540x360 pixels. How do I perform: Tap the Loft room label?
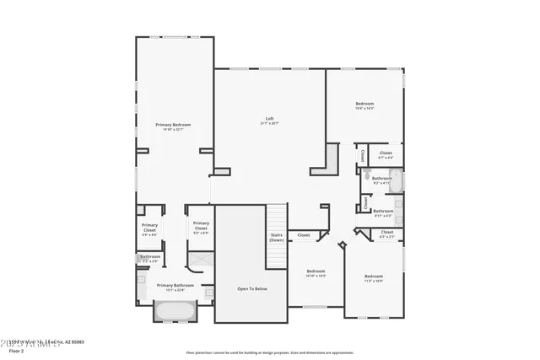click(270, 118)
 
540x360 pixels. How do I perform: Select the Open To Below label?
click(252, 289)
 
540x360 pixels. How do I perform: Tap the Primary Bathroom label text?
click(175, 285)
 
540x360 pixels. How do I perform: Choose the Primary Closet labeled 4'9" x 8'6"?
click(149, 225)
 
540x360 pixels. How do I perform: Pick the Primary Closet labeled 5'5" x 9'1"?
click(201, 223)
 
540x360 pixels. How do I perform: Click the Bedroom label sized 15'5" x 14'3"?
click(364, 104)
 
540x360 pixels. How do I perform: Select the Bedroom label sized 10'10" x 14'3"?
click(316, 271)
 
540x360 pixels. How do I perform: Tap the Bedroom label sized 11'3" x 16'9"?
click(374, 277)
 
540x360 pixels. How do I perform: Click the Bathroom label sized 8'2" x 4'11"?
click(382, 178)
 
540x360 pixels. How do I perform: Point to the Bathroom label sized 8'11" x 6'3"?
click(383, 211)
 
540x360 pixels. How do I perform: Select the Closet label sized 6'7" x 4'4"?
click(386, 153)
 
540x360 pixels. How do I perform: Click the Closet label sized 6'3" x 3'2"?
click(386, 232)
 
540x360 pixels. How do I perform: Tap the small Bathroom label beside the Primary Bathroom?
click(150, 256)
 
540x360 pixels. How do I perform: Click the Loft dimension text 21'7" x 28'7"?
click(270, 123)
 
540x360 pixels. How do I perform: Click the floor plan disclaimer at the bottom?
click(269, 352)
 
